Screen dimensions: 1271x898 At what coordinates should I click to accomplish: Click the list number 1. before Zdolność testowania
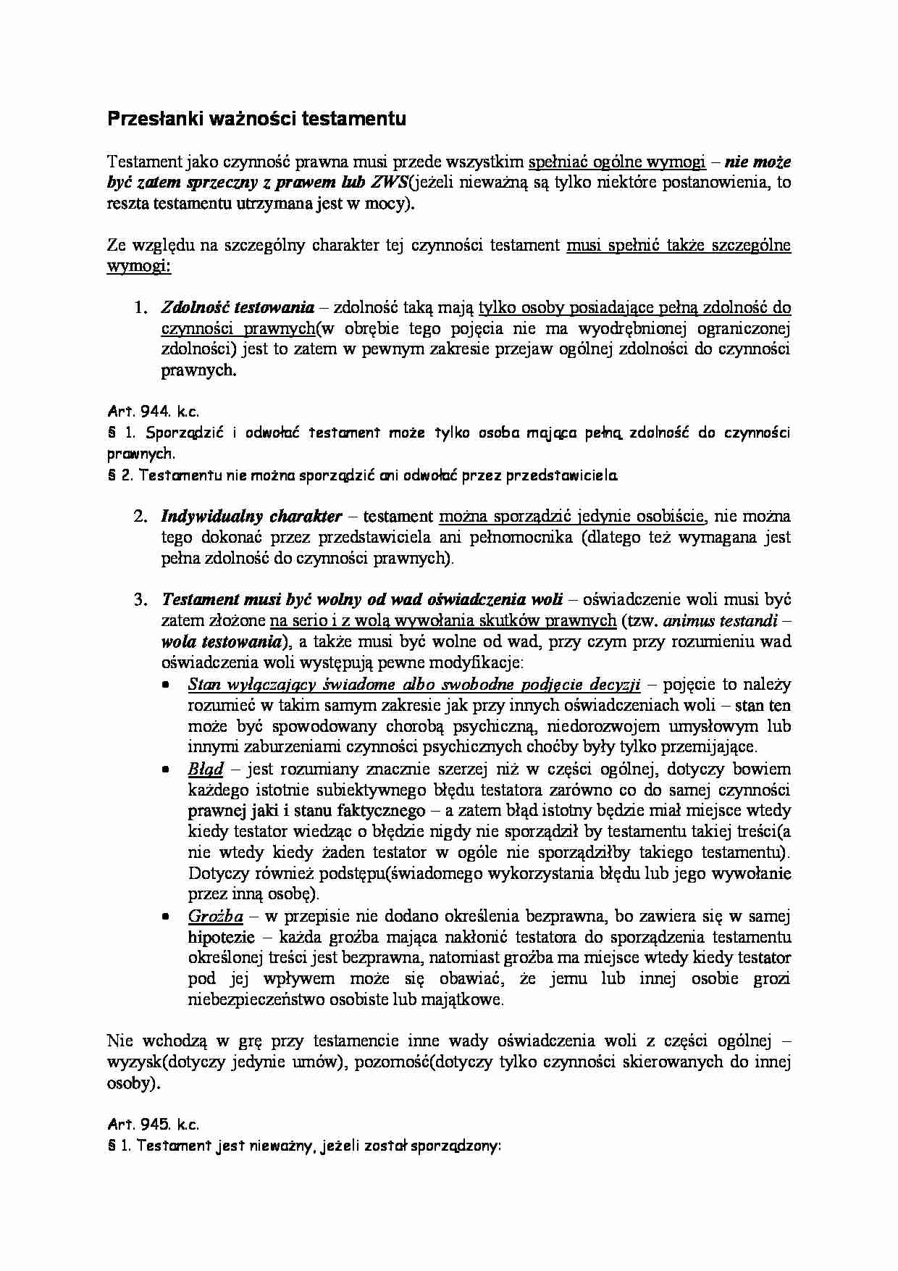coord(141,307)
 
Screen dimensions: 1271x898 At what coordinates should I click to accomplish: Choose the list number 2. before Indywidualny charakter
coord(141,517)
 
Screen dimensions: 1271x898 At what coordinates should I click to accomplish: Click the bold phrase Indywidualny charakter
coord(251,517)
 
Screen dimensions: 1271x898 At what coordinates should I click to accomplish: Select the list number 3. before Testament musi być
coord(141,600)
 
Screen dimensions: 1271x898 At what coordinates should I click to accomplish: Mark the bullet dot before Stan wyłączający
coord(167,685)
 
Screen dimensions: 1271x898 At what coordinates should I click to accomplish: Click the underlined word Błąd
coord(206,769)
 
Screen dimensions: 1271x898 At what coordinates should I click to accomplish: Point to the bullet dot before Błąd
coord(167,770)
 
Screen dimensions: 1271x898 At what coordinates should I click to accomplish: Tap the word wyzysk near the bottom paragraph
coord(129,1063)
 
